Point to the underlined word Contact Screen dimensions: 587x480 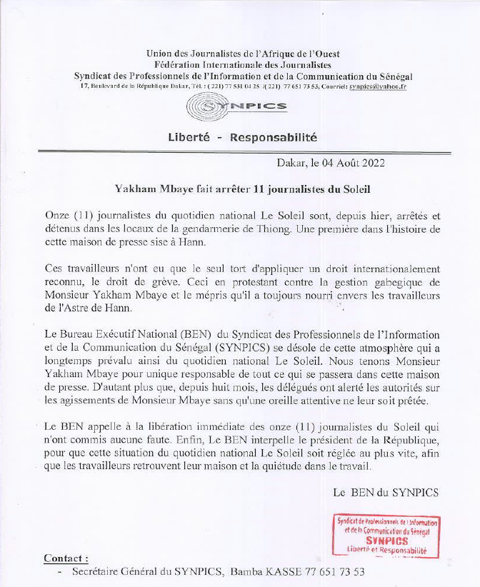click(x=66, y=558)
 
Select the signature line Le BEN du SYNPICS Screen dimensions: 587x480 click(x=386, y=492)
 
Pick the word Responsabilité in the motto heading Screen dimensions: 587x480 click(x=274, y=137)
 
